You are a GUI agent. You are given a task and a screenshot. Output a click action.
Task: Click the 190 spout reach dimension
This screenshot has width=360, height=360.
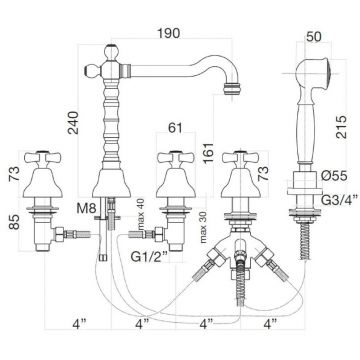click(169, 33)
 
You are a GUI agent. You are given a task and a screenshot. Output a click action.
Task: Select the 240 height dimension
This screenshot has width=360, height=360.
click(73, 123)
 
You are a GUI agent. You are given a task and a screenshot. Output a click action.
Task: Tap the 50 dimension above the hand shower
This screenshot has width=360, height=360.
click(314, 36)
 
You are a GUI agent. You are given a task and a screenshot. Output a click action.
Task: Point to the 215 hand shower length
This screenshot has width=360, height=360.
click(342, 127)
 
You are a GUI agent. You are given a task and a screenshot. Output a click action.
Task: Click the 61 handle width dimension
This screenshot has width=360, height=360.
click(176, 127)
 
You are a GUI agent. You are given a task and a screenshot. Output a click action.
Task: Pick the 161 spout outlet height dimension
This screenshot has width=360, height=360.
click(208, 153)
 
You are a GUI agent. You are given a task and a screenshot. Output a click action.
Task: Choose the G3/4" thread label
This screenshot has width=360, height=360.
click(339, 199)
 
